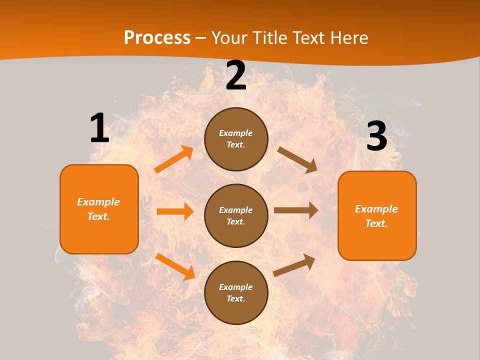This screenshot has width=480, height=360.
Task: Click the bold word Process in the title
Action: tap(157, 38)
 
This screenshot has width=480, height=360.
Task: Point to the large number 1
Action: tap(99, 128)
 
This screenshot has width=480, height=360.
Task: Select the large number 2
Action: tap(236, 75)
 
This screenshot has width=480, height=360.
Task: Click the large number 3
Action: tap(377, 136)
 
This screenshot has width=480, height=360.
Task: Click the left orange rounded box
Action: tap(99, 209)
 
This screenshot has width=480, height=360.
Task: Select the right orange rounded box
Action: tap(377, 215)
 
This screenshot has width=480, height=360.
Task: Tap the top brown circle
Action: tap(236, 139)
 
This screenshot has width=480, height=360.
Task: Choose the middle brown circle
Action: tap(236, 215)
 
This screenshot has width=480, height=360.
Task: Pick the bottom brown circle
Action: tap(236, 292)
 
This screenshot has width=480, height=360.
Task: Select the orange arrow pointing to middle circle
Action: tap(175, 211)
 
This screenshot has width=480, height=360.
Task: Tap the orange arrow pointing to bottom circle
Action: tap(175, 266)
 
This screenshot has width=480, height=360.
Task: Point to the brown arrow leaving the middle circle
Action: tap(296, 210)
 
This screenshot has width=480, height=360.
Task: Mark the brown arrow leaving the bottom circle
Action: tap(294, 265)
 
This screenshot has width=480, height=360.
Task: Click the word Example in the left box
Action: tap(98, 202)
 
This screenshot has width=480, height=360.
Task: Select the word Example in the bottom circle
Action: tap(235, 287)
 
